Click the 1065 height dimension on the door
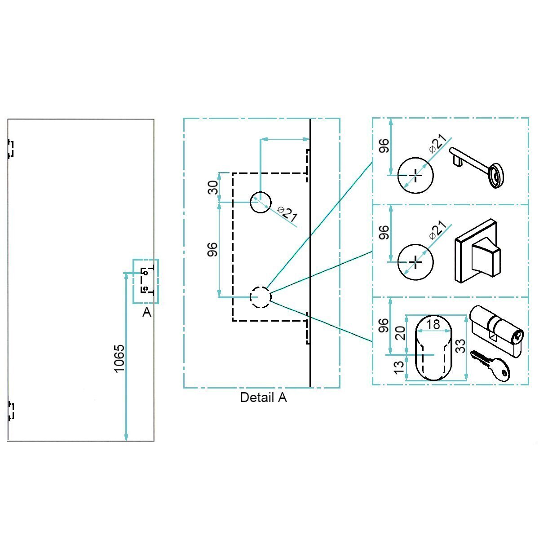point(119,358)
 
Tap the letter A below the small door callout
point(146,313)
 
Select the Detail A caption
point(263,398)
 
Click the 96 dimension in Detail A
point(213,249)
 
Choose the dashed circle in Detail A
point(261,297)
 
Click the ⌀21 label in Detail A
point(287,214)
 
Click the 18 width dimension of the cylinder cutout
point(434,325)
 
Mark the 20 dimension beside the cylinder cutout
point(401,333)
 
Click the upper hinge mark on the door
point(11,149)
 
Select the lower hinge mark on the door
point(11,411)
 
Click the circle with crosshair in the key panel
point(416,175)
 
